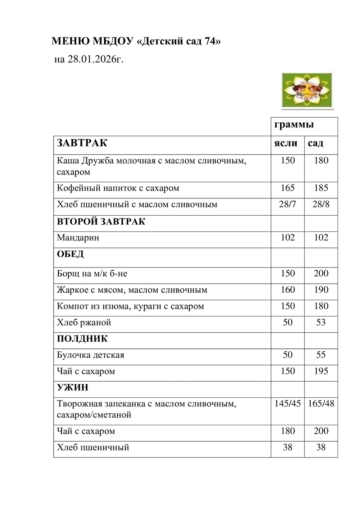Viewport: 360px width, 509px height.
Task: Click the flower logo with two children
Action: [307, 90]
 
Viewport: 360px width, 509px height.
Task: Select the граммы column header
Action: [294, 125]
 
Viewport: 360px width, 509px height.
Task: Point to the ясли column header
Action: [286, 143]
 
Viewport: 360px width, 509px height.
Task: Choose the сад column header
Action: [315, 143]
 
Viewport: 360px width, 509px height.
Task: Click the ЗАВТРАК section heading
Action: [82, 143]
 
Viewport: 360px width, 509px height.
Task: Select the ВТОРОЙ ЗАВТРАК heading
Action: [101, 221]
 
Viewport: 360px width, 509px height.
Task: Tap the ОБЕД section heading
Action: [70, 254]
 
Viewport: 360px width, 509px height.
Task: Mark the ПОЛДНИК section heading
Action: [82, 339]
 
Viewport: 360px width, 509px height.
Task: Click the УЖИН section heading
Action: [72, 388]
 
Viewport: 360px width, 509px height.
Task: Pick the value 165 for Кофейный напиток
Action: [288, 188]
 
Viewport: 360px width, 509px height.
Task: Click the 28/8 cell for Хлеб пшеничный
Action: [321, 204]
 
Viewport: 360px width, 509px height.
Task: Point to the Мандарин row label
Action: [78, 238]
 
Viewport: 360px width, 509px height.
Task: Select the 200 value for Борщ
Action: [321, 274]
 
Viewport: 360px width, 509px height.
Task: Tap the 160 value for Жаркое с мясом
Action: [288, 290]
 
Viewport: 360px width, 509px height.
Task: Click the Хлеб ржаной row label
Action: [84, 323]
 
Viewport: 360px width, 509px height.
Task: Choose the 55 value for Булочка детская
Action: [321, 355]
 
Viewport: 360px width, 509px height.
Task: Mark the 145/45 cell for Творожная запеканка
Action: [287, 404]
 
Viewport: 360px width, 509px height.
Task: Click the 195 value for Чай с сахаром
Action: [321, 371]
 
